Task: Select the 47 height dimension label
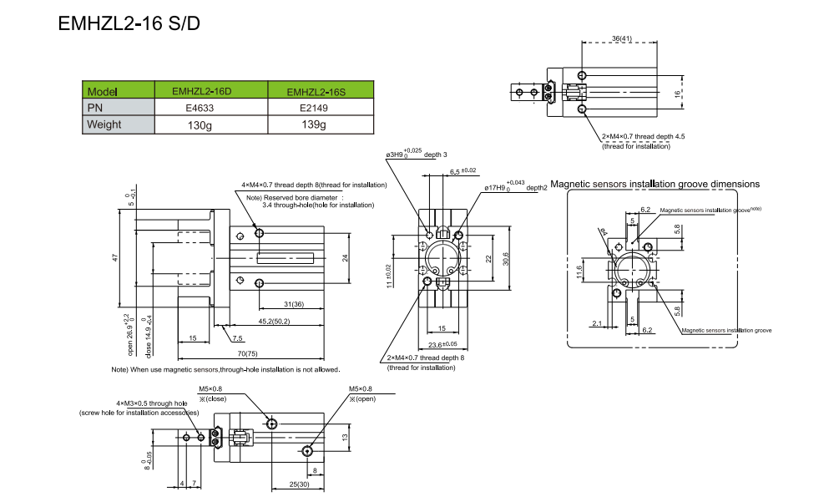[x=115, y=259]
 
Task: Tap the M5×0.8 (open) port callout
[x=361, y=393]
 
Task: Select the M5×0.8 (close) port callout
[x=210, y=393]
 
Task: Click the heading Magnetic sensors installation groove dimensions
[x=655, y=184]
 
